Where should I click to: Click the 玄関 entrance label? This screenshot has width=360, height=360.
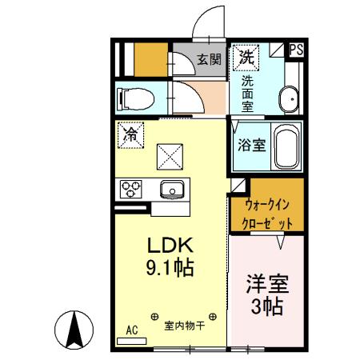[209, 59]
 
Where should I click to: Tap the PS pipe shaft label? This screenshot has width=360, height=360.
[295, 50]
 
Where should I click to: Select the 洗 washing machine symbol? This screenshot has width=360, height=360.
[246, 57]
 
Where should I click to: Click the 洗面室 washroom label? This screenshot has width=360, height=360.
[248, 93]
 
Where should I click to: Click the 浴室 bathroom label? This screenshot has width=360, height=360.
[251, 146]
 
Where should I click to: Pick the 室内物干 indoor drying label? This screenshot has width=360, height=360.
[185, 326]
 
